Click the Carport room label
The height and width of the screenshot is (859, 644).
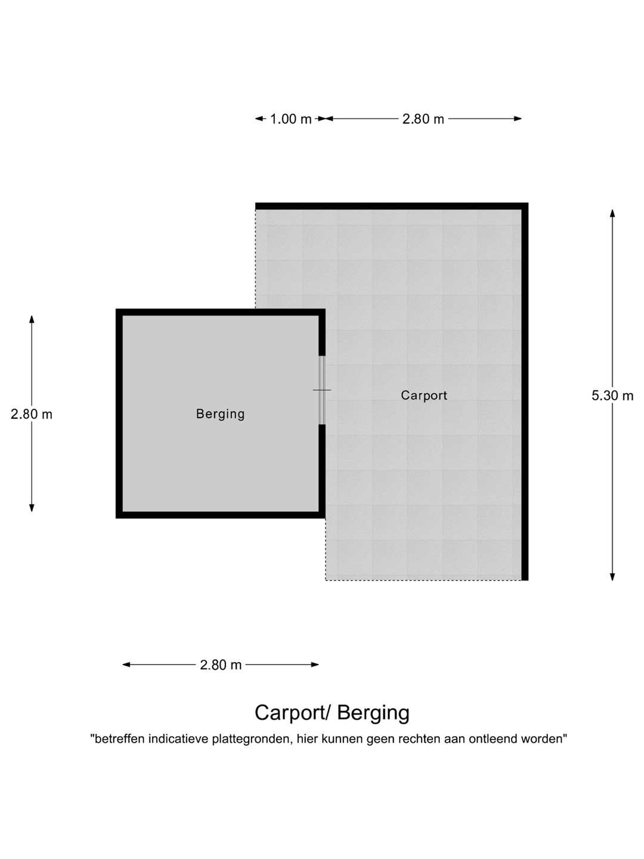point(424,395)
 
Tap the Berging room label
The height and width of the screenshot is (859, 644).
point(221,414)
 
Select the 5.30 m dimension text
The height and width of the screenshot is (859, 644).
point(612,395)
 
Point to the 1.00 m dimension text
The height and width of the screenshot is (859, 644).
point(291,119)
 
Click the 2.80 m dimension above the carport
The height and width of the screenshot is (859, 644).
point(423,119)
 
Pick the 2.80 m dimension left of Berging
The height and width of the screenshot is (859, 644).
point(31,414)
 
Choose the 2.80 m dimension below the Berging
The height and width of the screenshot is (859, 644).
point(221,665)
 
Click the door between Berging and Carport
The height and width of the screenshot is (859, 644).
point(322,390)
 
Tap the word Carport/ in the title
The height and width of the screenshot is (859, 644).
point(293,713)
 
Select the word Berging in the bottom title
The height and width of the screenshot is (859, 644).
point(373,713)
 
